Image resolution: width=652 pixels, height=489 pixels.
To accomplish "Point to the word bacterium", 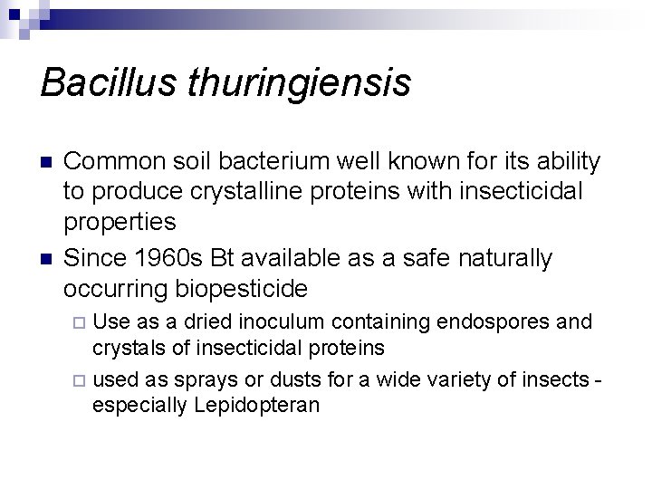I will (271, 162).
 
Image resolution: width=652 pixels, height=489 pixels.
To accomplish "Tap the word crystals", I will (129, 349).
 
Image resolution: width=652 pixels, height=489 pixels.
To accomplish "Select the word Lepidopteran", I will (256, 406).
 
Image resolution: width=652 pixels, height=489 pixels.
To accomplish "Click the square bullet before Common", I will (47, 163).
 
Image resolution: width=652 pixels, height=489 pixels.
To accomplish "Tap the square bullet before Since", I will (47, 260).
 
